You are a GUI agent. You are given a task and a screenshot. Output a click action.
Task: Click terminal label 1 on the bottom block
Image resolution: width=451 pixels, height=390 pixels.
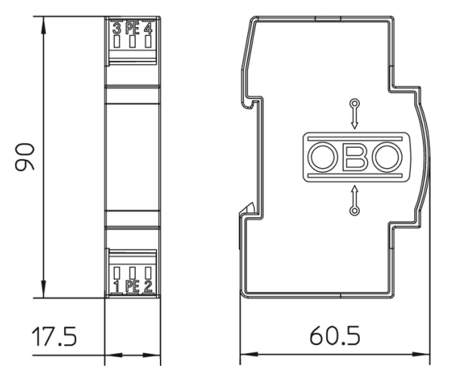116,286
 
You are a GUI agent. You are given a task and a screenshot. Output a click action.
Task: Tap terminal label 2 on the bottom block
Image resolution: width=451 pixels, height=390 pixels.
148,286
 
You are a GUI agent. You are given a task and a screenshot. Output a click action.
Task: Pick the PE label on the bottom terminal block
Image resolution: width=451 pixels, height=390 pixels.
132,286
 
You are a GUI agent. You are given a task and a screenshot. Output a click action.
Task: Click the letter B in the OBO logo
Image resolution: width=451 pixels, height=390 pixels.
354,157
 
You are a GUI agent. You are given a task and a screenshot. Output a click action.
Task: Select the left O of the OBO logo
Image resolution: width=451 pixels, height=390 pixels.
322,157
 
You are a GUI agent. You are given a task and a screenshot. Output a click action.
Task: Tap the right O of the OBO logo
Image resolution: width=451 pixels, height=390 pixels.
386,157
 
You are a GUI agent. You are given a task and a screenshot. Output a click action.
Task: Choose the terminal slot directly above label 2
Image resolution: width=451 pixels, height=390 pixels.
148,272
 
